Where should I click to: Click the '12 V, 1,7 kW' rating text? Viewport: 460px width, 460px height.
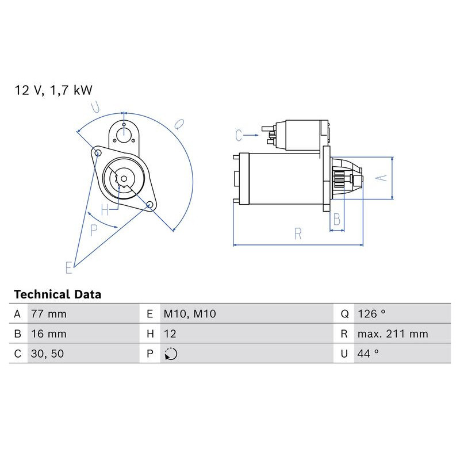tap(53, 90)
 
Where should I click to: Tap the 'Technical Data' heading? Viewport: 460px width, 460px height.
tap(57, 294)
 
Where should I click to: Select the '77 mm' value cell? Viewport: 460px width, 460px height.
tap(49, 314)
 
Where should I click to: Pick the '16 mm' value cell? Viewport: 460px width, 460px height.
tap(49, 333)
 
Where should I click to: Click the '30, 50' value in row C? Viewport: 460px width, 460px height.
tap(47, 354)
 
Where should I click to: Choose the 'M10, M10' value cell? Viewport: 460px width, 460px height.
tap(190, 314)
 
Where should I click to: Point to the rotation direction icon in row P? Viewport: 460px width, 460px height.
tap(171, 354)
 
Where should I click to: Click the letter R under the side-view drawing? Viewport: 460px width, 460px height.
tap(298, 233)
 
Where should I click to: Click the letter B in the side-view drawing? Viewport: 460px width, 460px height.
tap(337, 218)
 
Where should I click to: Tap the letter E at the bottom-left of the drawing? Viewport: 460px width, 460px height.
tap(69, 267)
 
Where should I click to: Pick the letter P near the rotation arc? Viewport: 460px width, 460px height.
tap(94, 229)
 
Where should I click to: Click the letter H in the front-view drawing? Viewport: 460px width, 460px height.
tap(104, 210)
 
